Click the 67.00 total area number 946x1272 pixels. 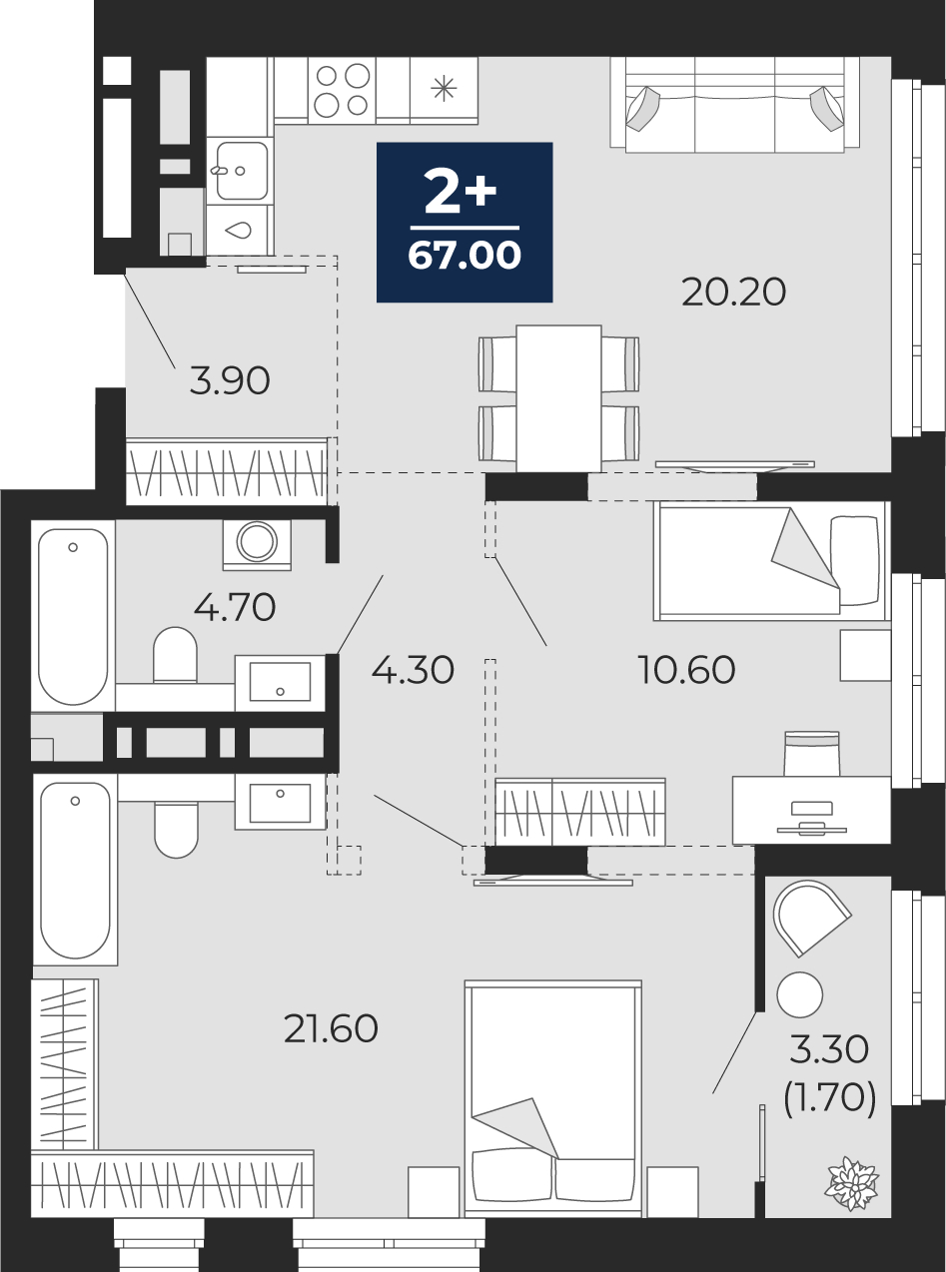465,257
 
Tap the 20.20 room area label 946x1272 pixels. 734,293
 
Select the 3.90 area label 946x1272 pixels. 230,380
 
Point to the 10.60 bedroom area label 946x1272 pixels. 687,670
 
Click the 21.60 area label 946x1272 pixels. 331,1028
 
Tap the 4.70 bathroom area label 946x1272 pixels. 235,607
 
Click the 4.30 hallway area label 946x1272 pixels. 413,670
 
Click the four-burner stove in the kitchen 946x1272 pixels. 341,90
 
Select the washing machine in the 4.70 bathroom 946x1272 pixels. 258,543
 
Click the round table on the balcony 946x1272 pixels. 799,994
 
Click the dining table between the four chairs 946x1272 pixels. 558,397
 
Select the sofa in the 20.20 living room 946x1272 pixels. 734,105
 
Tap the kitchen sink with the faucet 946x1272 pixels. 239,171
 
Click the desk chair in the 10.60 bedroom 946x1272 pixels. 811,755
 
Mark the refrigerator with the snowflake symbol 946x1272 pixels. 443,90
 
